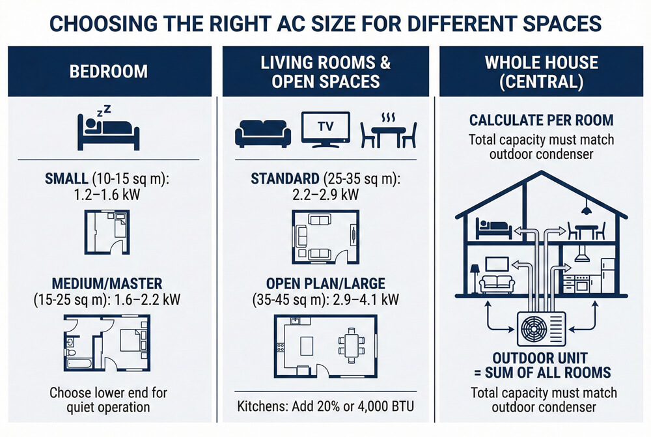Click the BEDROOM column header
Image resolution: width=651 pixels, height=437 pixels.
[109, 71]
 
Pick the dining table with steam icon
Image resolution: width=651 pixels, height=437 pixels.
[389, 130]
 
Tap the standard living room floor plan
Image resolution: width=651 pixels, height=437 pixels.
[325, 236]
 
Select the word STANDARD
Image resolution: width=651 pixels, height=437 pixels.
[282, 178]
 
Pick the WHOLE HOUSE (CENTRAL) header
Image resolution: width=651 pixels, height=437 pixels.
[541, 72]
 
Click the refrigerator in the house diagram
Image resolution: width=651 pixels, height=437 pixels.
[607, 276]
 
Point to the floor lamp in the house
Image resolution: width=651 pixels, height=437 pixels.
[474, 275]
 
